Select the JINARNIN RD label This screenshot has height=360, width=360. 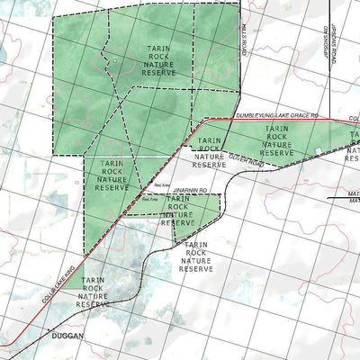(x=191, y=191)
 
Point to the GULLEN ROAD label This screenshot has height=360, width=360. (x=243, y=158)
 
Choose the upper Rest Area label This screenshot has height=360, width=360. (x=163, y=184)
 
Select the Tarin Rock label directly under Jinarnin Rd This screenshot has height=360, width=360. (x=177, y=215)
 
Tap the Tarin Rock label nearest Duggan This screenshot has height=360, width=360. (x=93, y=292)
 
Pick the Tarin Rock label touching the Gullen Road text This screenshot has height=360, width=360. (x=209, y=153)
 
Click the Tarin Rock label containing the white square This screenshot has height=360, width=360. (x=276, y=141)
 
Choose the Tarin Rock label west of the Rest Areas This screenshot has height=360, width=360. (x=112, y=175)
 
